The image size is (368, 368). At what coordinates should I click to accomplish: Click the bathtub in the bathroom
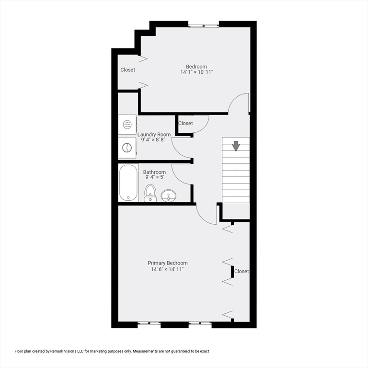click(x=128, y=183)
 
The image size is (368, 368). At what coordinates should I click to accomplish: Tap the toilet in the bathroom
click(x=150, y=193)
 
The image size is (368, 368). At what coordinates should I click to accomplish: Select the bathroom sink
click(x=168, y=195)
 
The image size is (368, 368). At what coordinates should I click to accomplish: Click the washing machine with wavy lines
click(x=127, y=125)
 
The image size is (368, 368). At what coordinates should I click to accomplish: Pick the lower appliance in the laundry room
click(x=127, y=148)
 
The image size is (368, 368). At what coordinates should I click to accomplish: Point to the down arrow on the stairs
click(x=236, y=145)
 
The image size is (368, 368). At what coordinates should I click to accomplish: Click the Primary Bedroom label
click(x=167, y=263)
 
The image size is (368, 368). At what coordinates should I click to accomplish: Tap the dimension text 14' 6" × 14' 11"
click(x=167, y=270)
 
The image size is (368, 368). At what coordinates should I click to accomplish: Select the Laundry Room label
click(x=154, y=135)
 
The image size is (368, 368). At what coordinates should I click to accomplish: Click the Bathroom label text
click(x=154, y=172)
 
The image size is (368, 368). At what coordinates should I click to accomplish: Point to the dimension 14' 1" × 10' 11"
click(x=196, y=72)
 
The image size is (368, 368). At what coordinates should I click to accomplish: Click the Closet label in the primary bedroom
click(x=241, y=271)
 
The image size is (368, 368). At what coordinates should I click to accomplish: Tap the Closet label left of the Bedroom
click(x=127, y=70)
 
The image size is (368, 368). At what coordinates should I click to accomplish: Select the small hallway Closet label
click(x=185, y=124)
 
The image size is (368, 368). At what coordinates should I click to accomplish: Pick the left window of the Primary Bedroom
click(x=149, y=324)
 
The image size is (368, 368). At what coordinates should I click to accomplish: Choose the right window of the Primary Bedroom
click(x=200, y=324)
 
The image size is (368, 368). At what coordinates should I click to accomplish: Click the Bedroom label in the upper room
click(x=196, y=66)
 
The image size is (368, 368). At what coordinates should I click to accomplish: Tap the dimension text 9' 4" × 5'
click(x=155, y=178)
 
